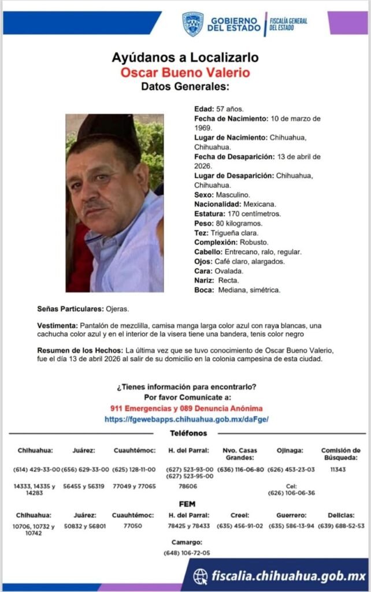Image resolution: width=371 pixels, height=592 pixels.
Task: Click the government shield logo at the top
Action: pyautogui.click(x=192, y=24)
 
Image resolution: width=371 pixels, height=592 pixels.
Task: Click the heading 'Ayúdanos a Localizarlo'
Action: pyautogui.click(x=185, y=58)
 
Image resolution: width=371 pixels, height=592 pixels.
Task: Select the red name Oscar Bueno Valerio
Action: pyautogui.click(x=185, y=73)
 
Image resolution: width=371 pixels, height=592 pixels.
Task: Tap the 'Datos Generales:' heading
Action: pyautogui.click(x=185, y=87)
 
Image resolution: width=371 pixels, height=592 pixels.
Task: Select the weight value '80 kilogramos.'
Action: pyautogui.click(x=239, y=223)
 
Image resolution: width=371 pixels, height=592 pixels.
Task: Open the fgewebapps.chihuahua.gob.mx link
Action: pyautogui.click(x=187, y=419)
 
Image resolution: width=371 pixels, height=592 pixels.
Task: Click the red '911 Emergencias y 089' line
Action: pyautogui.click(x=186, y=409)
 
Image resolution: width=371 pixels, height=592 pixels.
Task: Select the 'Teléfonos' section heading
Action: pyautogui.click(x=188, y=433)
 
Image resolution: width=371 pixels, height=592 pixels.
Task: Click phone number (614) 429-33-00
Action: pyautogui.click(x=36, y=469)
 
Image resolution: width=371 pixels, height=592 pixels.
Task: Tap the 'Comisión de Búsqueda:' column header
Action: pyautogui.click(x=340, y=454)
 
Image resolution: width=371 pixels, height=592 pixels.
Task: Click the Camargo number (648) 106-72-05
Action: pyautogui.click(x=187, y=553)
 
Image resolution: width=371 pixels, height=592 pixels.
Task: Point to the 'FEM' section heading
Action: pyautogui.click(x=187, y=504)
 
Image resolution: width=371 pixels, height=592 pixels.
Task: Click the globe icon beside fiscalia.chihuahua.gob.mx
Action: pyautogui.click(x=201, y=576)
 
